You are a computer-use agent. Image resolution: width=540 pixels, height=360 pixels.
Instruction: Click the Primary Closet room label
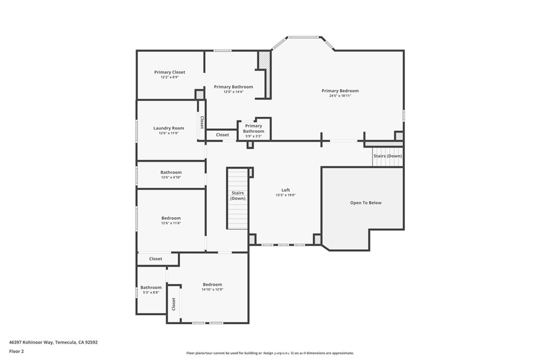point(169,72)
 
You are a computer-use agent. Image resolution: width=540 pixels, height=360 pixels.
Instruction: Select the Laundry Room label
point(169,128)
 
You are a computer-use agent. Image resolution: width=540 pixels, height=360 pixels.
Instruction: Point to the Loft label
point(285,190)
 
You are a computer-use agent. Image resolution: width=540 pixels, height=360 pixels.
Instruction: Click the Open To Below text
point(365,203)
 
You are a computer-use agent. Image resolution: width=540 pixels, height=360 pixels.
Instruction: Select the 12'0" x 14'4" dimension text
point(233,92)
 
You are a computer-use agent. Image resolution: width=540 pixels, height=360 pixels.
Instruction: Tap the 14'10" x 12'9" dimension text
point(212,289)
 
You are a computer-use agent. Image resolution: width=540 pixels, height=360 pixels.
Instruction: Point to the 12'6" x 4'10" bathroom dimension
point(171,178)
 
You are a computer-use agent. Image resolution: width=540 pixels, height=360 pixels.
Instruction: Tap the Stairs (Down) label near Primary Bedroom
point(388,156)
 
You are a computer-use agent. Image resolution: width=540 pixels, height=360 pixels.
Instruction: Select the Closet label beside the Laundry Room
point(201,122)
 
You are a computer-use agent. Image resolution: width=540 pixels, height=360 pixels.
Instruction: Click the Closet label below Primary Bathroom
point(223,135)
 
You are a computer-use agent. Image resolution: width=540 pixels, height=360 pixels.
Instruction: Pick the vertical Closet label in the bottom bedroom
point(173,304)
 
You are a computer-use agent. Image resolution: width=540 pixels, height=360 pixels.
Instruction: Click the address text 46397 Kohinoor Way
point(53,342)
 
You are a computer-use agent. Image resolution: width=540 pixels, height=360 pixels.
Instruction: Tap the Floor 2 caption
point(17,351)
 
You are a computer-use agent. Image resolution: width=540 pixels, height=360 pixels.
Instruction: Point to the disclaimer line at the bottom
point(269,353)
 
